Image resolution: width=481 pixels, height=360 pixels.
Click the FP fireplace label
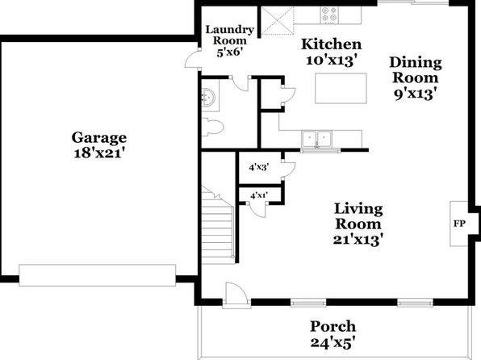(459, 224)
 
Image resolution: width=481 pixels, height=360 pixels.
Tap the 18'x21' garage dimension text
(99, 153)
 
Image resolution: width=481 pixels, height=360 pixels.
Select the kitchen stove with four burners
(329, 15)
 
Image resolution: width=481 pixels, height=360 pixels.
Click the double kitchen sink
(317, 140)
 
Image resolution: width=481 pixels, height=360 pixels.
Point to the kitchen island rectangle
(341, 89)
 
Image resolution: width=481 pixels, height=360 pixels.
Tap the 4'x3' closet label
(259, 168)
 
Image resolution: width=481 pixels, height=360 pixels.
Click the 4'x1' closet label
(259, 195)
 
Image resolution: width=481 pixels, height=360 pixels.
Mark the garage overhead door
(98, 275)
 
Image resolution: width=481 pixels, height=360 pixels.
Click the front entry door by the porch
(236, 295)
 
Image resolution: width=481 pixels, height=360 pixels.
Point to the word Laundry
(230, 30)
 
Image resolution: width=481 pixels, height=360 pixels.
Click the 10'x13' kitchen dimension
(332, 61)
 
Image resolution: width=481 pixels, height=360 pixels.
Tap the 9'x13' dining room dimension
(416, 94)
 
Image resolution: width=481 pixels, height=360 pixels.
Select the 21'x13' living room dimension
(358, 240)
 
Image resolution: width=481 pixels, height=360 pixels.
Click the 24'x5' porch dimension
(333, 342)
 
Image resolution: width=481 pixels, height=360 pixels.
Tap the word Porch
(333, 326)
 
